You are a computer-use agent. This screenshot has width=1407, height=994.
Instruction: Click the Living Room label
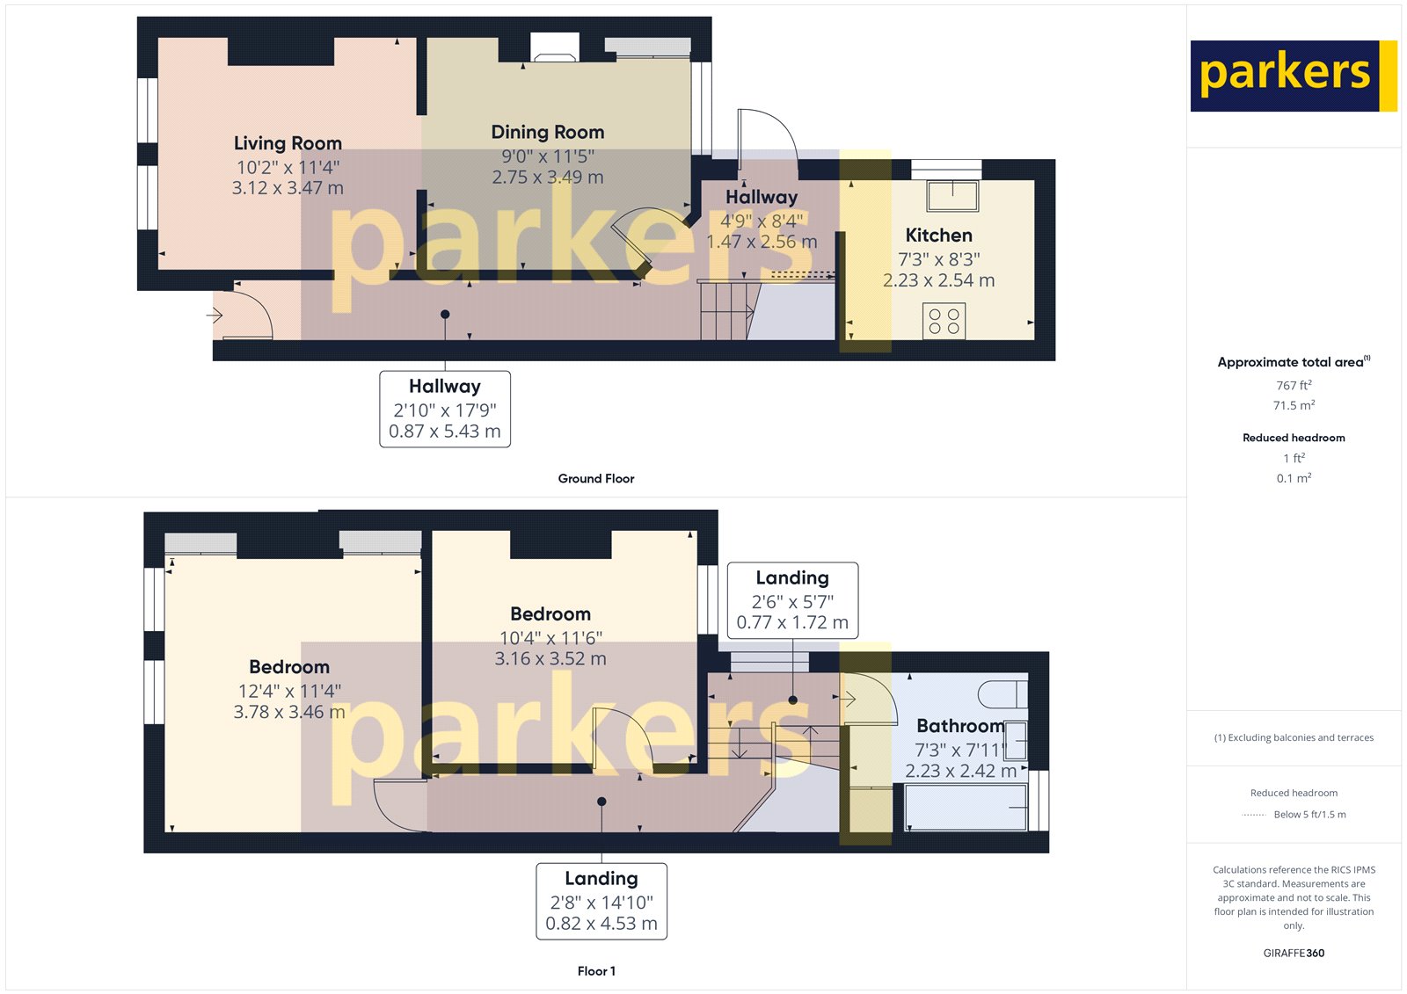[288, 143]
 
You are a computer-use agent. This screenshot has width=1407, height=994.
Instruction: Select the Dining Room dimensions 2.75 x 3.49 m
[547, 177]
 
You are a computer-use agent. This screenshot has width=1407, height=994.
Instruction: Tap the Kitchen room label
[938, 236]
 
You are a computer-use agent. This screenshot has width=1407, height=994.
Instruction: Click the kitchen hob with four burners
[944, 321]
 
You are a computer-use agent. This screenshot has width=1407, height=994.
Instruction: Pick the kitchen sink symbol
[952, 195]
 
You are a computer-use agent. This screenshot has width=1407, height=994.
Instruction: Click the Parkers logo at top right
[1292, 76]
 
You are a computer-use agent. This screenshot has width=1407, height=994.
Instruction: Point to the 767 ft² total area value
[1294, 385]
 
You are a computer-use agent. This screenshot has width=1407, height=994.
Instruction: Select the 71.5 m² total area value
[1294, 405]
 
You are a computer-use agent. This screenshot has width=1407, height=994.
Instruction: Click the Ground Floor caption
[595, 478]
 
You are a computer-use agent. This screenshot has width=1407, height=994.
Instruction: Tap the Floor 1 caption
[596, 971]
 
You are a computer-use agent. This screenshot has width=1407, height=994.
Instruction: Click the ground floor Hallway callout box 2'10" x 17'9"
[445, 409]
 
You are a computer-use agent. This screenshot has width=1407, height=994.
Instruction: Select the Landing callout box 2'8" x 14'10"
[601, 901]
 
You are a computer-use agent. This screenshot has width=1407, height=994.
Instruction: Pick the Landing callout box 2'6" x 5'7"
[792, 600]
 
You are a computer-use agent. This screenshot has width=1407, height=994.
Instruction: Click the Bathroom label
[959, 726]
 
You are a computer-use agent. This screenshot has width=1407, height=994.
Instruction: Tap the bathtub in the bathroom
[966, 807]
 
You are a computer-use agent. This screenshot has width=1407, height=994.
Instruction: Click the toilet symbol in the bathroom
[1004, 693]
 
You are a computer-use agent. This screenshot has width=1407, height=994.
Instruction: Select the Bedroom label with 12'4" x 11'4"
[288, 667]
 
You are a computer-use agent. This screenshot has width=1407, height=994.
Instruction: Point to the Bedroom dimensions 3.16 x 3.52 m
[550, 658]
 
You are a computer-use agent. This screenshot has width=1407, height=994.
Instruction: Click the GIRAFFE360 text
[1294, 953]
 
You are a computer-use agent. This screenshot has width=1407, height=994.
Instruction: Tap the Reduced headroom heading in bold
[1294, 438]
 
